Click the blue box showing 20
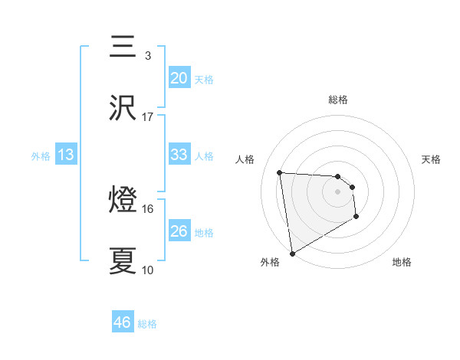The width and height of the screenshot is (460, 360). click(179, 78)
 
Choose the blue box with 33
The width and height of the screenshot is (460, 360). click(179, 155)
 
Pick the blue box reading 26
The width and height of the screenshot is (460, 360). click(179, 231)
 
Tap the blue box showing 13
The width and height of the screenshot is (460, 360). click(66, 155)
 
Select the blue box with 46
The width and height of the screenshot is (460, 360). click(123, 322)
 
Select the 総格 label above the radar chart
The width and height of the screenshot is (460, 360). click(338, 100)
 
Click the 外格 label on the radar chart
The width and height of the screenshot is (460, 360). click(270, 262)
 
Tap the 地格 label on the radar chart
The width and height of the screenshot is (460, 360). click(402, 262)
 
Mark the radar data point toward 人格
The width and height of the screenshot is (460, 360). click(280, 172)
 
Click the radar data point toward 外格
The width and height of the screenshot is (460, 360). click(292, 252)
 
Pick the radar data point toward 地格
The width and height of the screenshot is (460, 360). click(356, 218)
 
